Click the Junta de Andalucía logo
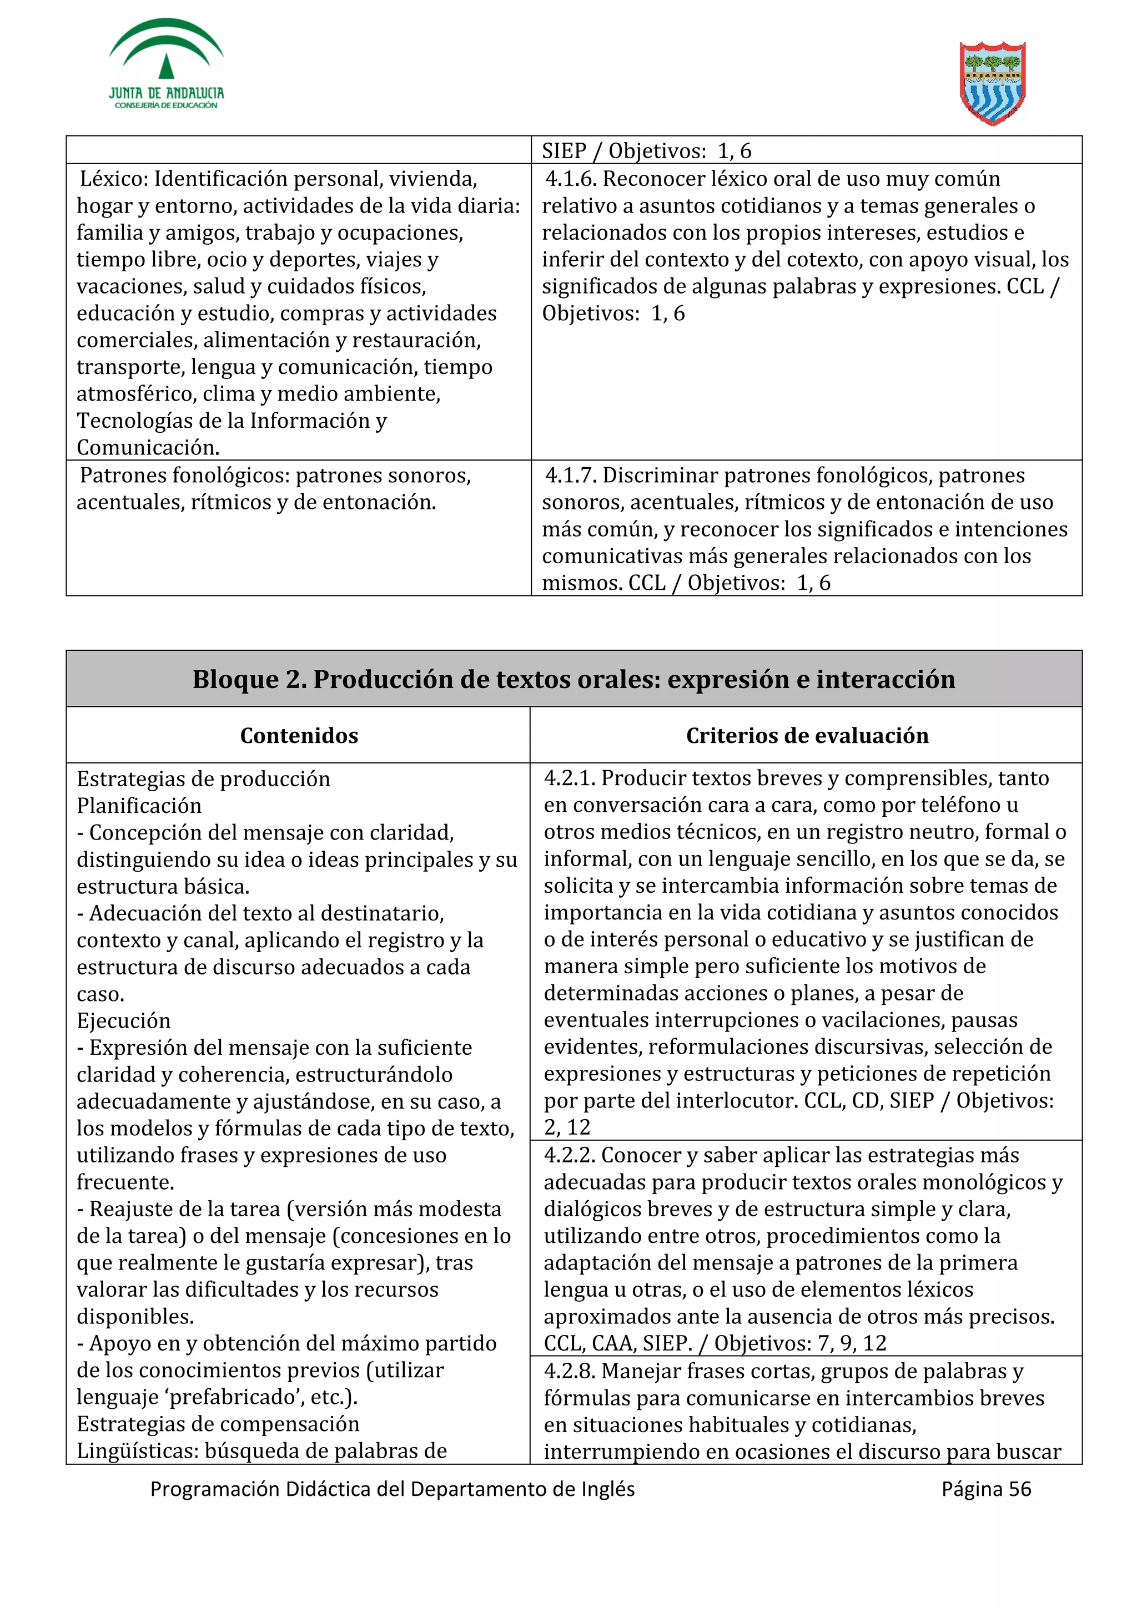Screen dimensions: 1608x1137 [166, 64]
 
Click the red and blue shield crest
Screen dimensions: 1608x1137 [992, 83]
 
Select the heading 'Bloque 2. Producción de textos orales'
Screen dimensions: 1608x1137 [573, 679]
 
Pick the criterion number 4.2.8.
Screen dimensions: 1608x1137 [569, 1371]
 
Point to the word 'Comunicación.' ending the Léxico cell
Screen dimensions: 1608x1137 [148, 448]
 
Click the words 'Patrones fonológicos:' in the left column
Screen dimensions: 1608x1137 [184, 476]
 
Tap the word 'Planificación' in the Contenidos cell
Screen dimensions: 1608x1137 [139, 806]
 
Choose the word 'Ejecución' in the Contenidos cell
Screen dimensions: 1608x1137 [123, 1020]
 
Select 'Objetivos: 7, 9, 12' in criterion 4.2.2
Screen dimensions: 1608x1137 [800, 1343]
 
